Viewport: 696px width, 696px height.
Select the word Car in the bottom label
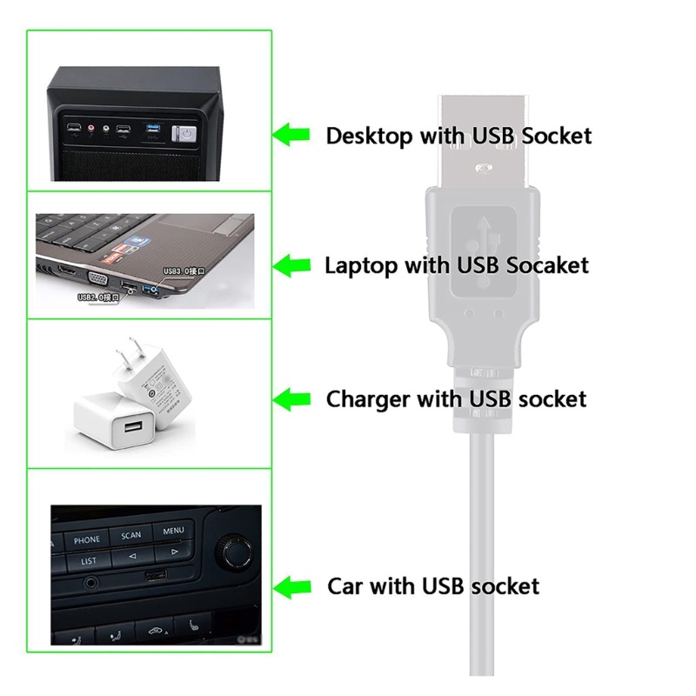pos(346,586)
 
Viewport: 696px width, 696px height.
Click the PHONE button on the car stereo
pos(87,540)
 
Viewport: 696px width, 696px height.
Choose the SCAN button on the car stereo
pos(130,536)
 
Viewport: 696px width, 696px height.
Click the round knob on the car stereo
pos(233,550)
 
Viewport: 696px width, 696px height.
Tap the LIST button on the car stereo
pos(89,562)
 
